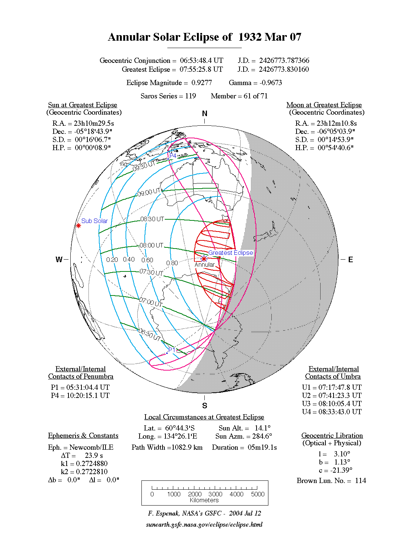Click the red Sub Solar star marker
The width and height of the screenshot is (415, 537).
(x=78, y=226)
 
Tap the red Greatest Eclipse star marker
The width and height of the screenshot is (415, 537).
(x=204, y=259)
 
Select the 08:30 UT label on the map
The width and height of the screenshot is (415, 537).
(x=152, y=219)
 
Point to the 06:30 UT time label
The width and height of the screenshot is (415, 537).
(x=150, y=335)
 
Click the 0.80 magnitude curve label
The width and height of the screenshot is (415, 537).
(x=172, y=263)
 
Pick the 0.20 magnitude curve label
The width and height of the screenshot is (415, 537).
(x=112, y=260)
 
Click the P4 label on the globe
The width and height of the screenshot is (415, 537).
(x=173, y=155)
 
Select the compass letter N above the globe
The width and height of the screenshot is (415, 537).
(x=204, y=114)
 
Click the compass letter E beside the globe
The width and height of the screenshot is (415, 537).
(x=350, y=260)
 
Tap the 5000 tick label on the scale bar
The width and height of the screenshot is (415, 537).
(x=258, y=494)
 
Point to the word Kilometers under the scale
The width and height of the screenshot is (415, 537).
(x=204, y=500)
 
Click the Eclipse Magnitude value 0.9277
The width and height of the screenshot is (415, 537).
(x=202, y=83)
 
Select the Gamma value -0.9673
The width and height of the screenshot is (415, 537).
(x=271, y=83)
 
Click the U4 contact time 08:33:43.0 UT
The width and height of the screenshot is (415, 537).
(x=340, y=412)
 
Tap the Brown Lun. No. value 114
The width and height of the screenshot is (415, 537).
(x=360, y=481)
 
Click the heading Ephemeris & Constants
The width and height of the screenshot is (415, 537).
(x=83, y=436)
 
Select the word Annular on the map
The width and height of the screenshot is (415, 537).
(x=204, y=265)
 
